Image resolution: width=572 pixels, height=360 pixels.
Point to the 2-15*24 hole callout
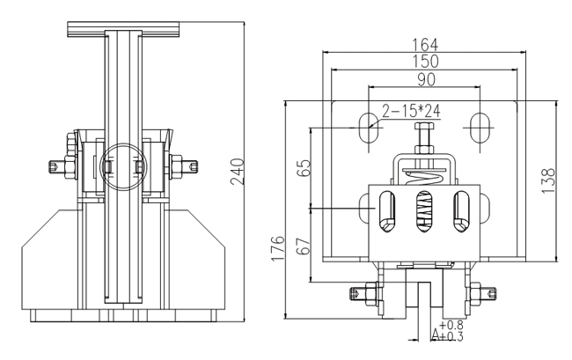tap(410, 112)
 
